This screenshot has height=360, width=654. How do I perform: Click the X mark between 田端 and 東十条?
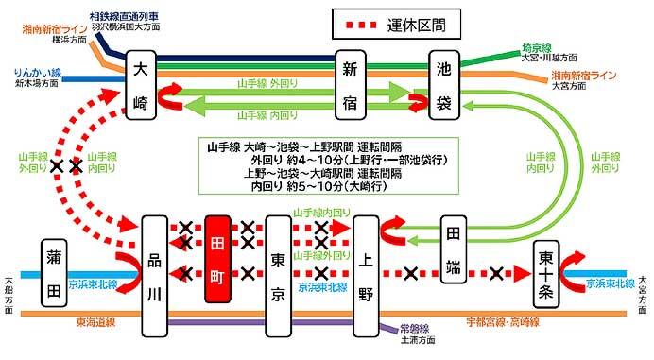(498, 275)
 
